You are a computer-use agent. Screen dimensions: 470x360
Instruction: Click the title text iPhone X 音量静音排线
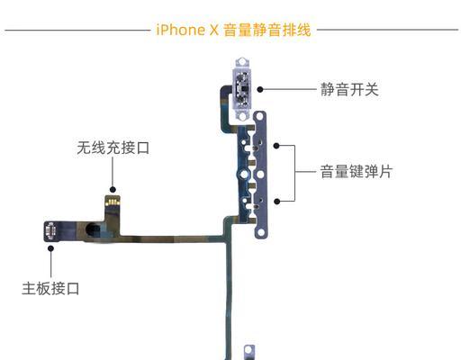(x=233, y=30)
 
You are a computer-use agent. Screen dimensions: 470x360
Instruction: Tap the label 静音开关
(x=349, y=89)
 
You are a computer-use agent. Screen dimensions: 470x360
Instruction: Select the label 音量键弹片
(x=357, y=172)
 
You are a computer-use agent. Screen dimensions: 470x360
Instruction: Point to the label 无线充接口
(x=113, y=148)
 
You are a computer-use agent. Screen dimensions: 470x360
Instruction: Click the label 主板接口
(x=50, y=289)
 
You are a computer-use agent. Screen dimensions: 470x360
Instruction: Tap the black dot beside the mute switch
(x=260, y=89)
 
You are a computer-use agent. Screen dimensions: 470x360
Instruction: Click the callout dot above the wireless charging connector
(x=113, y=190)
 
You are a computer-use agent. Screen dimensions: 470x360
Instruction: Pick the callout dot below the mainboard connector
(x=51, y=248)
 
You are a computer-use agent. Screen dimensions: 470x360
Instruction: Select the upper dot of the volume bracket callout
(x=276, y=146)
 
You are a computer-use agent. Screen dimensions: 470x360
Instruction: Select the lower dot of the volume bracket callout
(x=277, y=202)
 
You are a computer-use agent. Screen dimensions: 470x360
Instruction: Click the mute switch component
(x=242, y=89)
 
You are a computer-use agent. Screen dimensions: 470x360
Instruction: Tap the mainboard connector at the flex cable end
(x=50, y=231)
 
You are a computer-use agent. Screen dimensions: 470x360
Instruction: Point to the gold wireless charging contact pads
(x=113, y=202)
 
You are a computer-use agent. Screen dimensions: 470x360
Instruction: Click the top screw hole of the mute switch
(x=242, y=62)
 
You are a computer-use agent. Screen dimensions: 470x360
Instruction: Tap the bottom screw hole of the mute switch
(x=242, y=116)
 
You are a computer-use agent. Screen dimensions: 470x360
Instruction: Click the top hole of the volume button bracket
(x=259, y=116)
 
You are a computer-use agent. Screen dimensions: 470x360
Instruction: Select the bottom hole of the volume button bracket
(x=261, y=232)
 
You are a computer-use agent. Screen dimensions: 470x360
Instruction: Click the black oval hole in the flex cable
(x=93, y=229)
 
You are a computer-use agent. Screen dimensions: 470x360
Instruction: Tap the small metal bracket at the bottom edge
(x=249, y=352)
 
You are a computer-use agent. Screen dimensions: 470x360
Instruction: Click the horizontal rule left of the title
(x=77, y=30)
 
